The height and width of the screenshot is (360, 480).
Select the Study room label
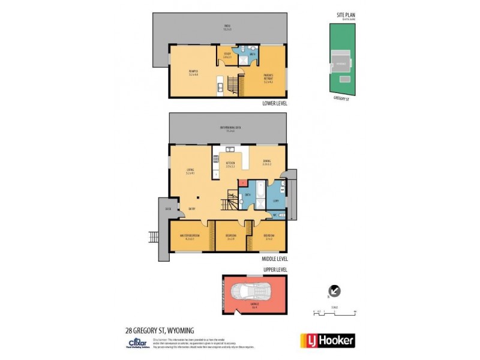pos(227,55)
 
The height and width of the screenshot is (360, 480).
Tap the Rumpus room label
pos(193,73)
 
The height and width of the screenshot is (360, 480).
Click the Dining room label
pos(267,163)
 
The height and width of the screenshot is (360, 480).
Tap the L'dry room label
pos(275,201)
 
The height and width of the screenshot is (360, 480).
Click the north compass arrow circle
pos(335,291)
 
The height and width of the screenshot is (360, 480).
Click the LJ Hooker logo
pos(328,340)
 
